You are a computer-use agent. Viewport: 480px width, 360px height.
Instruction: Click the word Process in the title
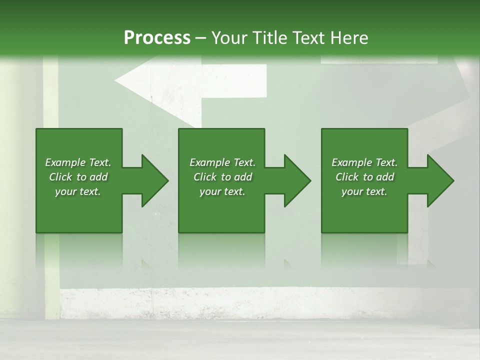(157, 37)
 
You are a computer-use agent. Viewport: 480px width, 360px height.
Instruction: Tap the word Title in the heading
(270, 37)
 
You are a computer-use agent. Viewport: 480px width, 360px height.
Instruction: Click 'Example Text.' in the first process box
(78, 162)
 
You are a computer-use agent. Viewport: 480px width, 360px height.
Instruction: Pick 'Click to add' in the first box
(78, 177)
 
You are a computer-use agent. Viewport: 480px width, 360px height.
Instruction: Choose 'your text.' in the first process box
(78, 191)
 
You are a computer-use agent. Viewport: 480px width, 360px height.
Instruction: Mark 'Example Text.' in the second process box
(222, 162)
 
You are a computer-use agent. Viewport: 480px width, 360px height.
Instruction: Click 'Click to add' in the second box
(222, 177)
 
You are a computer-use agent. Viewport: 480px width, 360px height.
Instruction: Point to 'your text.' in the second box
(222, 191)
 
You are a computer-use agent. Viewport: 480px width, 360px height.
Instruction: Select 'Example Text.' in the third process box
(364, 162)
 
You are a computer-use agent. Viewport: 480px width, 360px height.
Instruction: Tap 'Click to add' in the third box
(364, 177)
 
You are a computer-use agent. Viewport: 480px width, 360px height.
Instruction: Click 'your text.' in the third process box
(364, 191)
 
